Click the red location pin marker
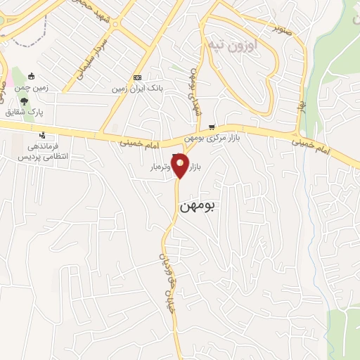point(181,166)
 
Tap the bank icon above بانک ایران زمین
point(137,78)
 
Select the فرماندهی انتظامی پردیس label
point(41,153)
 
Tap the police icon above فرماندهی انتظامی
point(44,135)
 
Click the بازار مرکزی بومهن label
point(217,139)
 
